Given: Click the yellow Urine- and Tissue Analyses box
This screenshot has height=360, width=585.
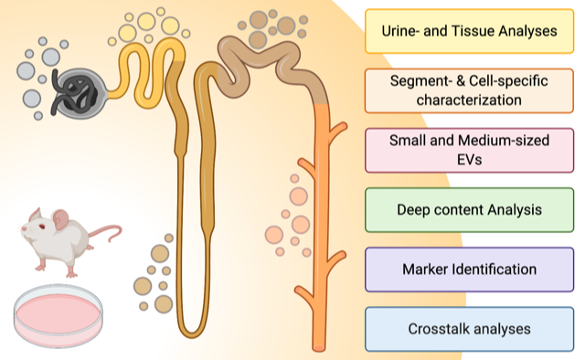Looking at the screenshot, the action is point(469,31).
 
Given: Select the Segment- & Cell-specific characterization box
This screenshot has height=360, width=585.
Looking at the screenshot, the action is point(469,90).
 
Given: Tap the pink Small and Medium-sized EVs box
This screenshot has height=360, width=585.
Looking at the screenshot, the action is point(469,151).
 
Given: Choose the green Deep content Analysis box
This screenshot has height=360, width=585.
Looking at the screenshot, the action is point(469,210).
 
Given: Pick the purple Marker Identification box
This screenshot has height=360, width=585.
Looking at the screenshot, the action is point(469,270).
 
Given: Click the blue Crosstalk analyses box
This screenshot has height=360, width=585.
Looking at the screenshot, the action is point(469,329).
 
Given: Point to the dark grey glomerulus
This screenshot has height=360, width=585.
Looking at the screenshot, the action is point(79,93).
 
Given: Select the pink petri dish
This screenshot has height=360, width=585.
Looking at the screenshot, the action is point(58,315).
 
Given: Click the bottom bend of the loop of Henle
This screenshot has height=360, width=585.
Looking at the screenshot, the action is point(191,334).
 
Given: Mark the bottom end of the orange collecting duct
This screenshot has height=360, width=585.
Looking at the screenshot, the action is point(319,348).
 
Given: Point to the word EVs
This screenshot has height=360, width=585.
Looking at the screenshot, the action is point(469,160).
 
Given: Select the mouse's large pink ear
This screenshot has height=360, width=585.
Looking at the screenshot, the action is point(60,219).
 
